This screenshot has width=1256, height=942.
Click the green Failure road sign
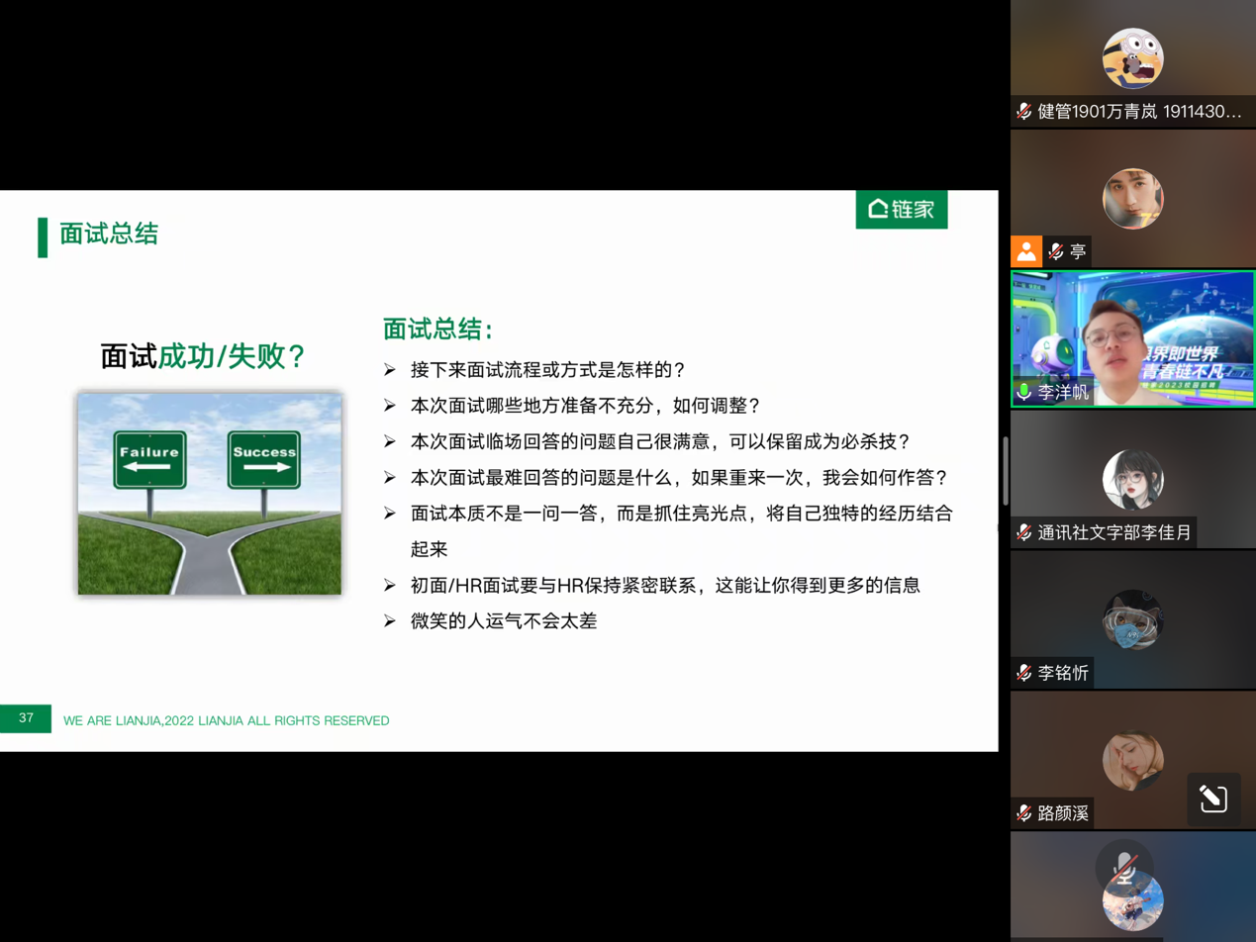149,459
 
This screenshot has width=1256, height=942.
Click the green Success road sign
264,459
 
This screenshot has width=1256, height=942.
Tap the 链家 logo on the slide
902,209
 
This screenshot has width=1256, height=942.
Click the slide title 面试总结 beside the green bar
109,235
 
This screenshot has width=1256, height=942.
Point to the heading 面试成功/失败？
203,356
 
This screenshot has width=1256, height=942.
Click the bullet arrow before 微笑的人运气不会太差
390,622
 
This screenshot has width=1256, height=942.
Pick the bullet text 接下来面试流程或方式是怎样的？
547,370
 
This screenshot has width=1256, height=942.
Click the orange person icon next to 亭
1026,251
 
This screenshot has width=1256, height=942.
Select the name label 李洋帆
1063,393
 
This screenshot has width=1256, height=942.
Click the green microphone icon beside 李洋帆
1023,393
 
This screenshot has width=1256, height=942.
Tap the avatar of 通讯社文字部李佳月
1132,480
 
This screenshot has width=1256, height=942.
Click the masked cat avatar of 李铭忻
1132,620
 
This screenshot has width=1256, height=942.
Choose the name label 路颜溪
1063,813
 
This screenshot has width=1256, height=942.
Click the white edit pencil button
1213,800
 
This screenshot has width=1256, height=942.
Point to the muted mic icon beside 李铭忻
1023,673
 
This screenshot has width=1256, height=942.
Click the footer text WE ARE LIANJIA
226,720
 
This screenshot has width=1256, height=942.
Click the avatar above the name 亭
1132,198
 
